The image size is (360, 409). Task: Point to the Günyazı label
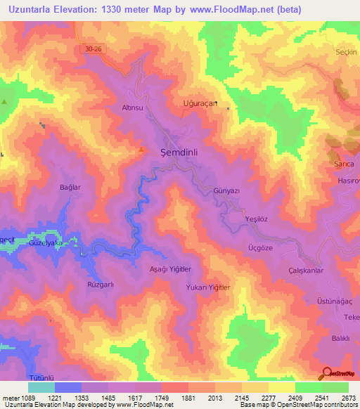227,191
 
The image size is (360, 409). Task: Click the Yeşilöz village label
257,219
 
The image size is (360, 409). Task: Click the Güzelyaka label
45,242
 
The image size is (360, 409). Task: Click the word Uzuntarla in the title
29,9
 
